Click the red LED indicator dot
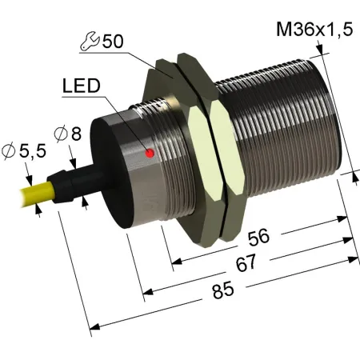tap(150, 153)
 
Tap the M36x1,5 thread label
tap(314, 29)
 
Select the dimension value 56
tap(258, 238)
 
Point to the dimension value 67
tap(246, 262)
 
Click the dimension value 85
tap(223, 290)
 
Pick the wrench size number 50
tap(113, 42)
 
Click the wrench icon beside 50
tap(90, 41)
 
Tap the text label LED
tap(82, 86)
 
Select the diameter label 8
tap(76, 134)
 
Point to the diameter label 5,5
tap(33, 151)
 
